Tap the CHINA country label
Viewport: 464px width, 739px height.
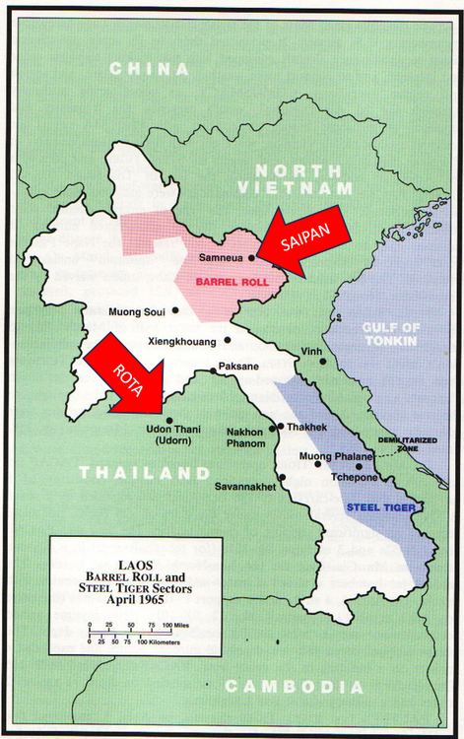pyautogui.click(x=149, y=69)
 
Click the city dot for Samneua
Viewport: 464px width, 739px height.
pyautogui.click(x=251, y=258)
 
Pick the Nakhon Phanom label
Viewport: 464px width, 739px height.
pyautogui.click(x=245, y=437)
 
